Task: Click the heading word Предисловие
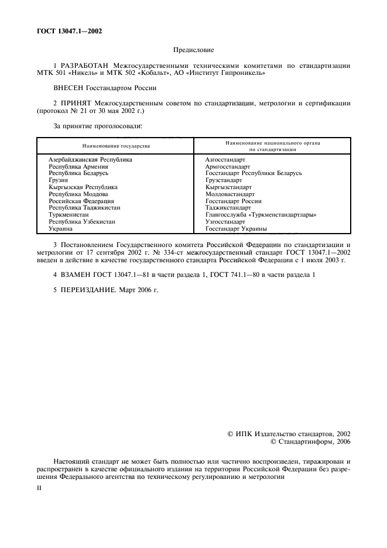(x=193, y=51)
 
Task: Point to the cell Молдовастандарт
(x=230, y=194)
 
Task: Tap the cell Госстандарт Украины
(x=237, y=229)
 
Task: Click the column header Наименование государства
(x=116, y=145)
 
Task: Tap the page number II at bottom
(x=39, y=486)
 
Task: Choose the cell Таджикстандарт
(x=228, y=208)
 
